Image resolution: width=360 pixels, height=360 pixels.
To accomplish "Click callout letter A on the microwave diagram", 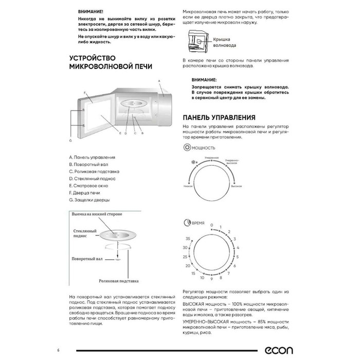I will (159, 81).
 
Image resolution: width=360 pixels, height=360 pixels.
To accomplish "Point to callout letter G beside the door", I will (69, 140).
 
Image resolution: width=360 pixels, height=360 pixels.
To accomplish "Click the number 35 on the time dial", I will (189, 239).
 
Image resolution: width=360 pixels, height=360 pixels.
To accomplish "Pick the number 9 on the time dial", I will (220, 278).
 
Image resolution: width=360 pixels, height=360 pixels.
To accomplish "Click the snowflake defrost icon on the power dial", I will (194, 164).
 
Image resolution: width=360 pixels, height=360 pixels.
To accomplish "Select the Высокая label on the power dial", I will (236, 186).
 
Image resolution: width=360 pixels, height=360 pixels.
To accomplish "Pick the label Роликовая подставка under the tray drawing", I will (119, 281).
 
